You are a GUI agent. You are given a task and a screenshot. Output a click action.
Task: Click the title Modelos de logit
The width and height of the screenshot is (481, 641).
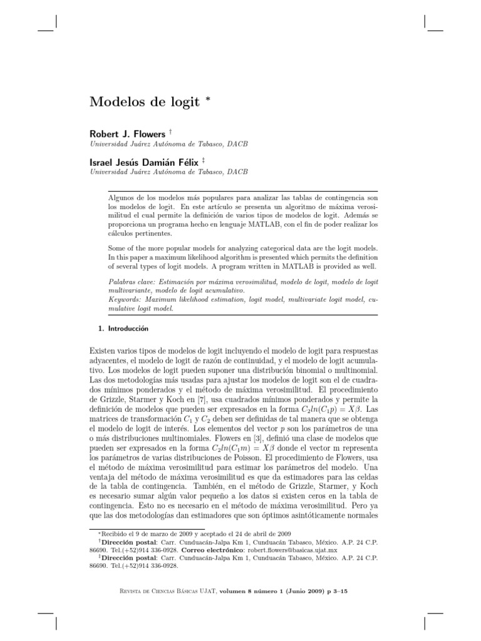point(144,101)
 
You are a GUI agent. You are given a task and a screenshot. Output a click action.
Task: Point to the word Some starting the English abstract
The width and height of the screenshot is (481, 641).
point(118,249)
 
